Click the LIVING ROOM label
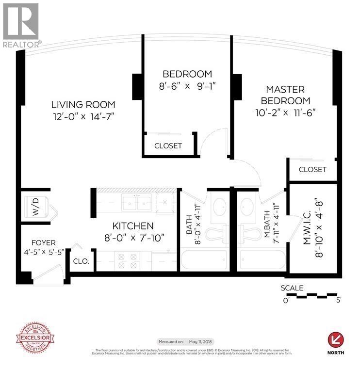(x=83, y=104)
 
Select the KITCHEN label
(x=133, y=226)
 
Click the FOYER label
(x=43, y=242)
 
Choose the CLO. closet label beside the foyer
(x=81, y=261)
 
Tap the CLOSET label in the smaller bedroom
(x=168, y=146)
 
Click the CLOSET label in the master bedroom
(x=312, y=170)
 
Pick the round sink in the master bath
(x=248, y=204)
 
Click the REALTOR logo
(x=21, y=24)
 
